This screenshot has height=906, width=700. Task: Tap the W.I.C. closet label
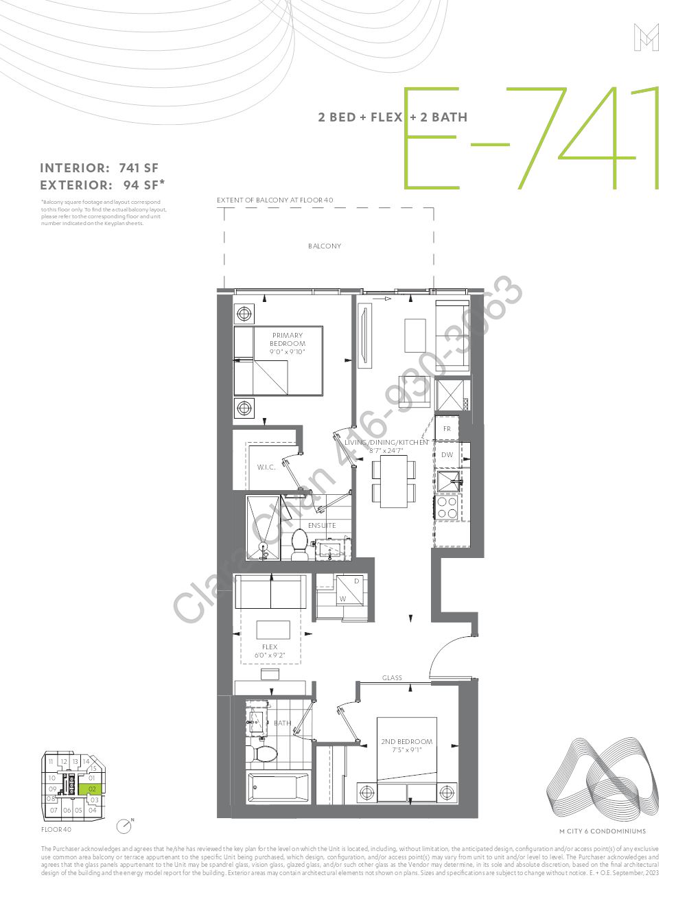click(x=266, y=467)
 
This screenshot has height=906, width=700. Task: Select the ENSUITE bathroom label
click(x=322, y=525)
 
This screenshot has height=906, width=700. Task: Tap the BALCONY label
click(x=325, y=246)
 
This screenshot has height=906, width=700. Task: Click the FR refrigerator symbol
click(x=447, y=429)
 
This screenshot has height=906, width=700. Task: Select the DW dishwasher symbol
click(x=447, y=455)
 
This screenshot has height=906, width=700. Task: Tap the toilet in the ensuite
click(x=299, y=544)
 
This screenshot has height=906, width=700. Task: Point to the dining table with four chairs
click(x=394, y=483)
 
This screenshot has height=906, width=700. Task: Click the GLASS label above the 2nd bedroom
click(x=392, y=677)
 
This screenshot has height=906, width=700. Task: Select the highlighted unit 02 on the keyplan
click(x=91, y=789)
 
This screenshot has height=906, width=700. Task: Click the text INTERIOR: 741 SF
click(x=100, y=168)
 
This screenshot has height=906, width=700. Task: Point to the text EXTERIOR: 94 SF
click(x=102, y=185)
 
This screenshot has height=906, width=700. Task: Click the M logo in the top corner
click(x=646, y=37)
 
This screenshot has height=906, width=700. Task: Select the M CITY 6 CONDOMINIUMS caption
click(x=603, y=831)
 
